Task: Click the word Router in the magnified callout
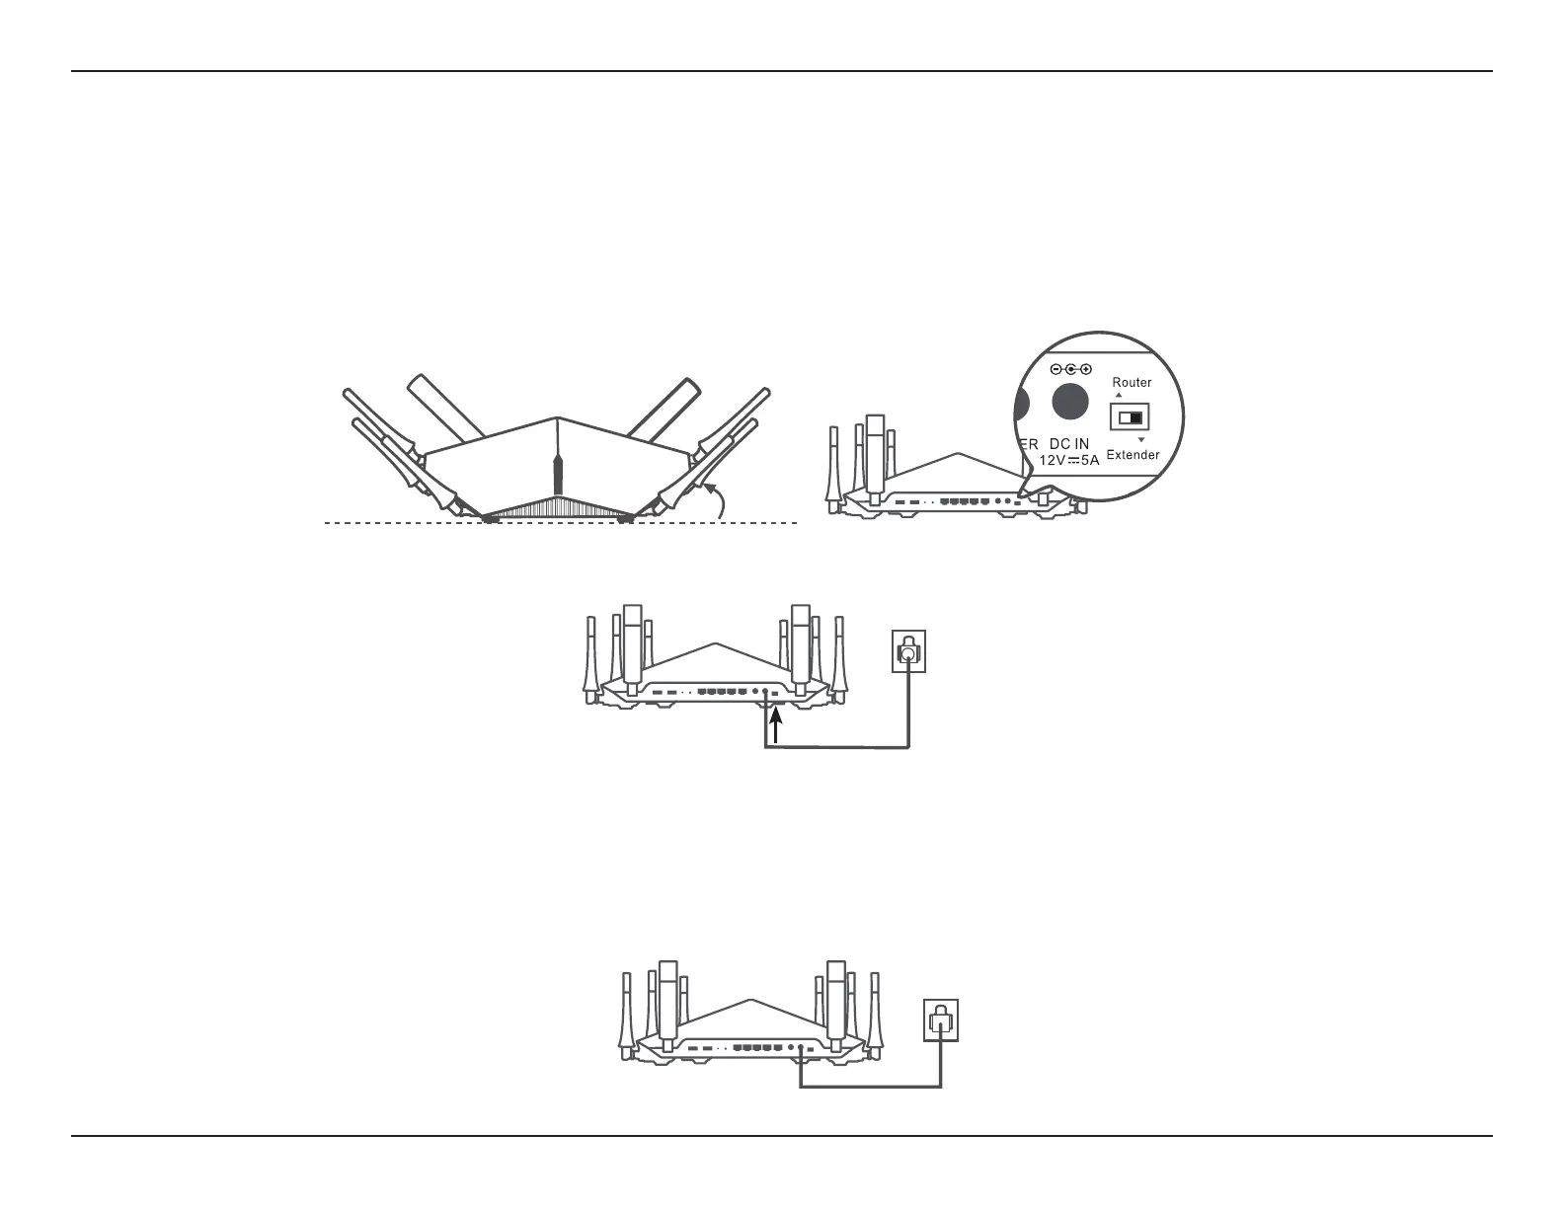point(1132,383)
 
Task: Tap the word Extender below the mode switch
point(1133,455)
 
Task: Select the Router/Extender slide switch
point(1127,418)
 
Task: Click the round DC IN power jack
point(1070,402)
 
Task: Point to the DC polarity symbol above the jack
point(1070,369)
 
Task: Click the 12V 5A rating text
point(1068,460)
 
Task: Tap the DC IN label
point(1068,444)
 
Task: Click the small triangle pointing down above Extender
point(1140,440)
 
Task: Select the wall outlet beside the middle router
point(908,651)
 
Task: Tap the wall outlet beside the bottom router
point(941,1019)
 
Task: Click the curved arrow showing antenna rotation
point(719,498)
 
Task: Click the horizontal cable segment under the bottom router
point(869,1088)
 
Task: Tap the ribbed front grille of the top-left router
point(558,509)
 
